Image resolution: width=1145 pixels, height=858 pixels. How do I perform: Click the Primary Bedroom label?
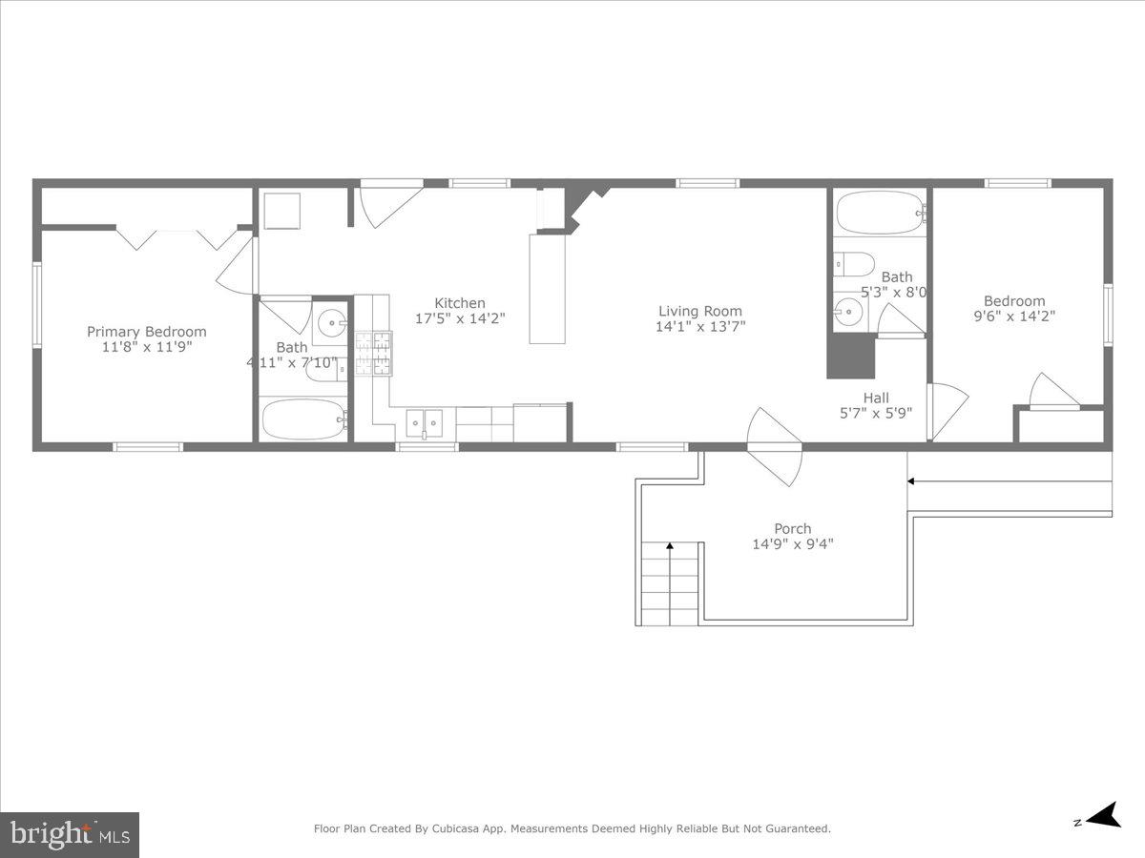tap(146, 332)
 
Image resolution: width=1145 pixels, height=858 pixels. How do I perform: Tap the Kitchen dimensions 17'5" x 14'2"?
tap(460, 318)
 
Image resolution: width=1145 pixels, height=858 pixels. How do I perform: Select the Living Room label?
tap(699, 311)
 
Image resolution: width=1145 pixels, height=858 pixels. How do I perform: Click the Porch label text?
tap(792, 528)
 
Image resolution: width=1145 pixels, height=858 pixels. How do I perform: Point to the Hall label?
tap(875, 398)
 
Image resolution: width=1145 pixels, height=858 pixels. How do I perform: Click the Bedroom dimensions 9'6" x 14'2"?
tap(1014, 316)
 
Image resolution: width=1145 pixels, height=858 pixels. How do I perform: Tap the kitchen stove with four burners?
tap(373, 352)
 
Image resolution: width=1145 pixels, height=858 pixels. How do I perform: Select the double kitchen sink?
tap(424, 421)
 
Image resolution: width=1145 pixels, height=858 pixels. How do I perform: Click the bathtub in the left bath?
tap(304, 419)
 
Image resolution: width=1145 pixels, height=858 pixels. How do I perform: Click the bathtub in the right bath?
tap(879, 212)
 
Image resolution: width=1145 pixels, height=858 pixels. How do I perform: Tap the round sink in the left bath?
tap(331, 321)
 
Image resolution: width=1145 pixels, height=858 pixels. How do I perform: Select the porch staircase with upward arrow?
tap(670, 583)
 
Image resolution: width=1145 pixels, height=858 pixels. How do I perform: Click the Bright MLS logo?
tap(70, 834)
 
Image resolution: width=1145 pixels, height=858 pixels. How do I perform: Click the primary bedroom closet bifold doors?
tap(177, 238)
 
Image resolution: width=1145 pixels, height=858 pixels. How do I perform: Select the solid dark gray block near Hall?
tap(850, 356)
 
